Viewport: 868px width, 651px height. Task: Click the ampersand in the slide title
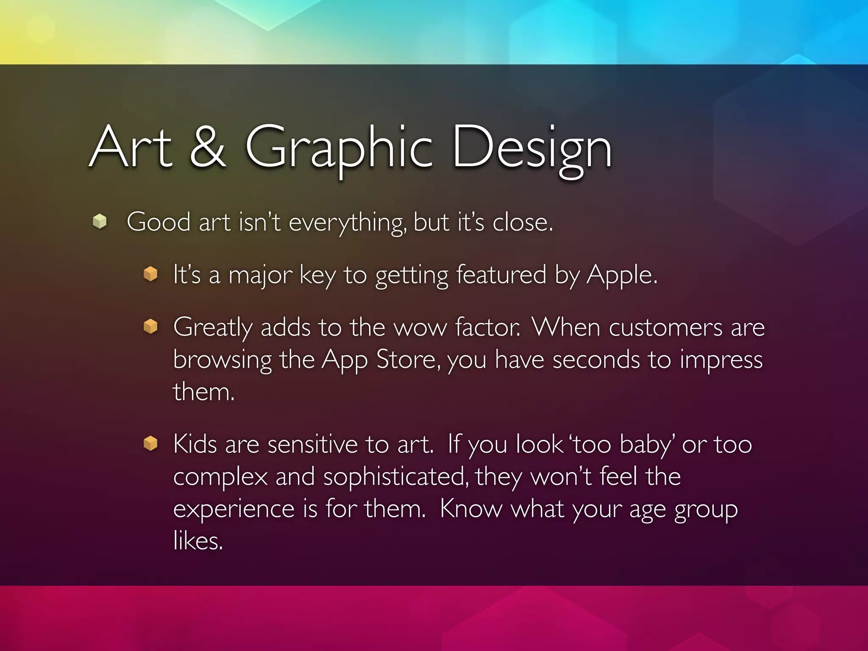(x=208, y=147)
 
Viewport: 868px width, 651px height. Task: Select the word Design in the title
(x=532, y=148)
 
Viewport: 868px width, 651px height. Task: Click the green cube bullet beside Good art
(x=100, y=221)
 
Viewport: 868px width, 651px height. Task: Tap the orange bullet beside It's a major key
(x=150, y=274)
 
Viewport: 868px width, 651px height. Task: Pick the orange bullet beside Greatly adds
(x=150, y=327)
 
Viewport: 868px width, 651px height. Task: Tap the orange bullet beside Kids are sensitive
(x=150, y=444)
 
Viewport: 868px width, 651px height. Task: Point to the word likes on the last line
(x=198, y=541)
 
